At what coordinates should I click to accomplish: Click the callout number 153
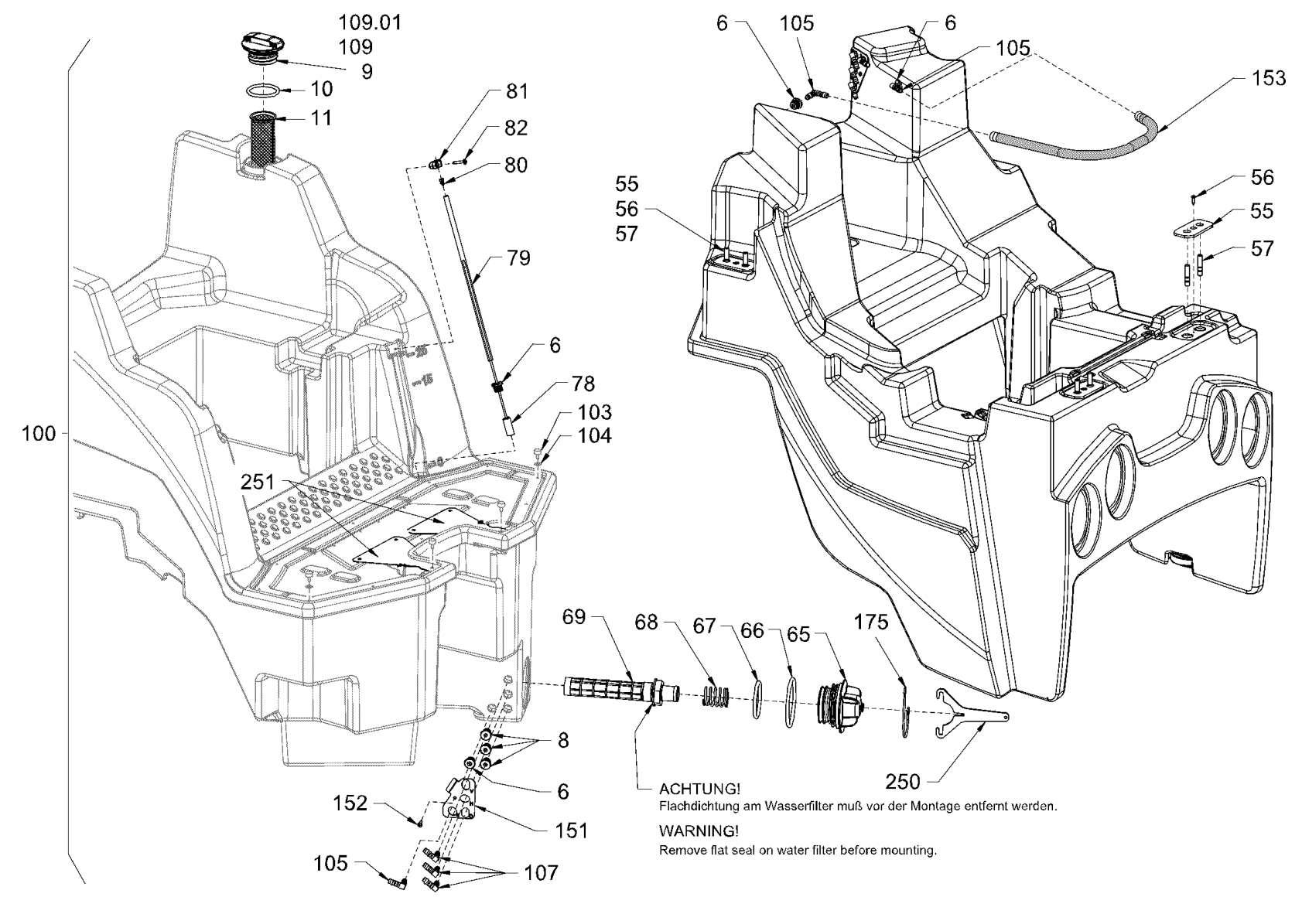1270,78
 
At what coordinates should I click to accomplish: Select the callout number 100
39,434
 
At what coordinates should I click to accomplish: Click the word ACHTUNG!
699,790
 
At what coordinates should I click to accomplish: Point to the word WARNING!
698,831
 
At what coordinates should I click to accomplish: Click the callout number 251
257,482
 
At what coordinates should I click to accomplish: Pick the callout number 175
871,622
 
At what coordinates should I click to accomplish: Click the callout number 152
350,803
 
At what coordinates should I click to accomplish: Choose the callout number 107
542,873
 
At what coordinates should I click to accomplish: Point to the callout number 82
515,128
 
